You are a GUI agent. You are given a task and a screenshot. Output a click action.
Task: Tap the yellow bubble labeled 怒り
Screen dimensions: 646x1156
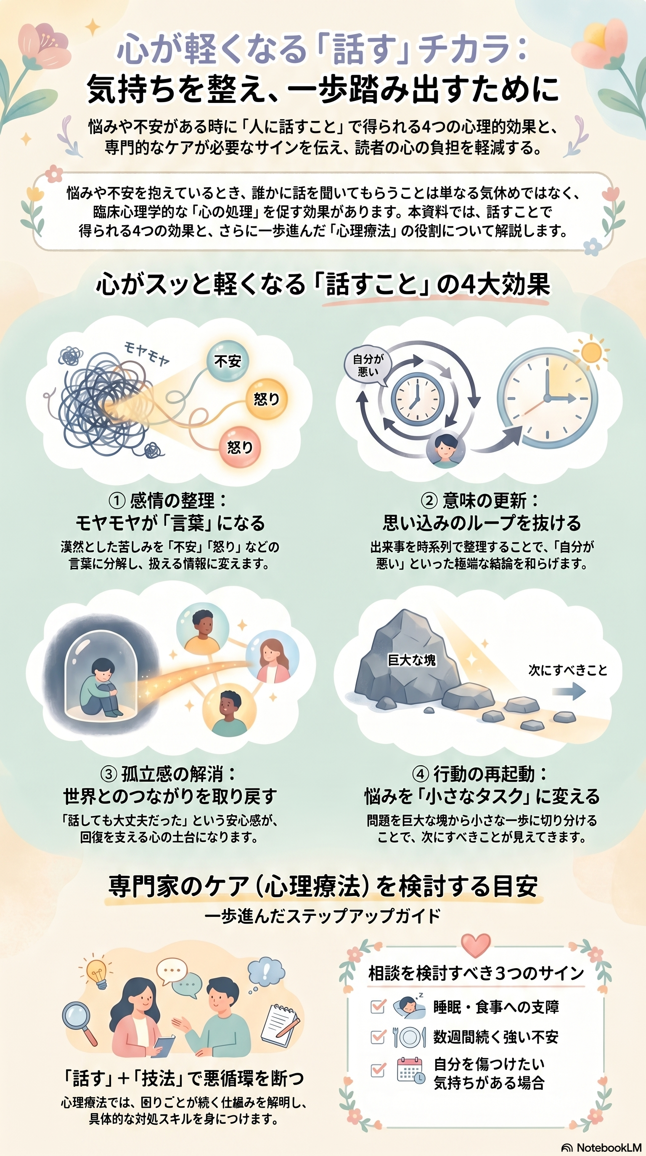(x=266, y=399)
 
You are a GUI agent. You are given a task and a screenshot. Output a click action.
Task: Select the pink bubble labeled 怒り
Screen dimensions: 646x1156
(x=239, y=447)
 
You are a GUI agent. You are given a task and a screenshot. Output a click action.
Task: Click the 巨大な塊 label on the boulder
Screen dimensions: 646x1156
(x=411, y=660)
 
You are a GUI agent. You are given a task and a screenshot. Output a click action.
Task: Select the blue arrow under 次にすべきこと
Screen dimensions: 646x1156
(x=569, y=691)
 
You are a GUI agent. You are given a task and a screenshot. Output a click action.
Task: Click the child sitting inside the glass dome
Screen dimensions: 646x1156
(x=101, y=687)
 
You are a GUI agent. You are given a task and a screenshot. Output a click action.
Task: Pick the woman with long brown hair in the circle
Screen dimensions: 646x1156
(x=272, y=658)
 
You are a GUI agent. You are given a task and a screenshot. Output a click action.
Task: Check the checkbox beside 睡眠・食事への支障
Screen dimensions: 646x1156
(x=378, y=1006)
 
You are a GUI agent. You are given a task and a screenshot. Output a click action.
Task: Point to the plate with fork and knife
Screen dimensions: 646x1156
(x=409, y=1037)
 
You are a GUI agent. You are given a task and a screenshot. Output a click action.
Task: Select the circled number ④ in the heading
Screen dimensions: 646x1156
(x=421, y=774)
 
